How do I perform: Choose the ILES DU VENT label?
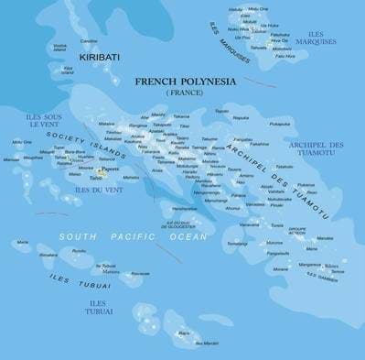point(96,190)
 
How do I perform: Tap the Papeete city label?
point(112,169)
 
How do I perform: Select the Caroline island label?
point(89,41)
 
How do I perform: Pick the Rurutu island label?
point(79,251)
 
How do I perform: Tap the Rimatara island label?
point(48,256)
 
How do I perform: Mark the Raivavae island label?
point(140,273)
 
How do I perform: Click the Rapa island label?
point(184,333)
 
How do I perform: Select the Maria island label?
point(21,242)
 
